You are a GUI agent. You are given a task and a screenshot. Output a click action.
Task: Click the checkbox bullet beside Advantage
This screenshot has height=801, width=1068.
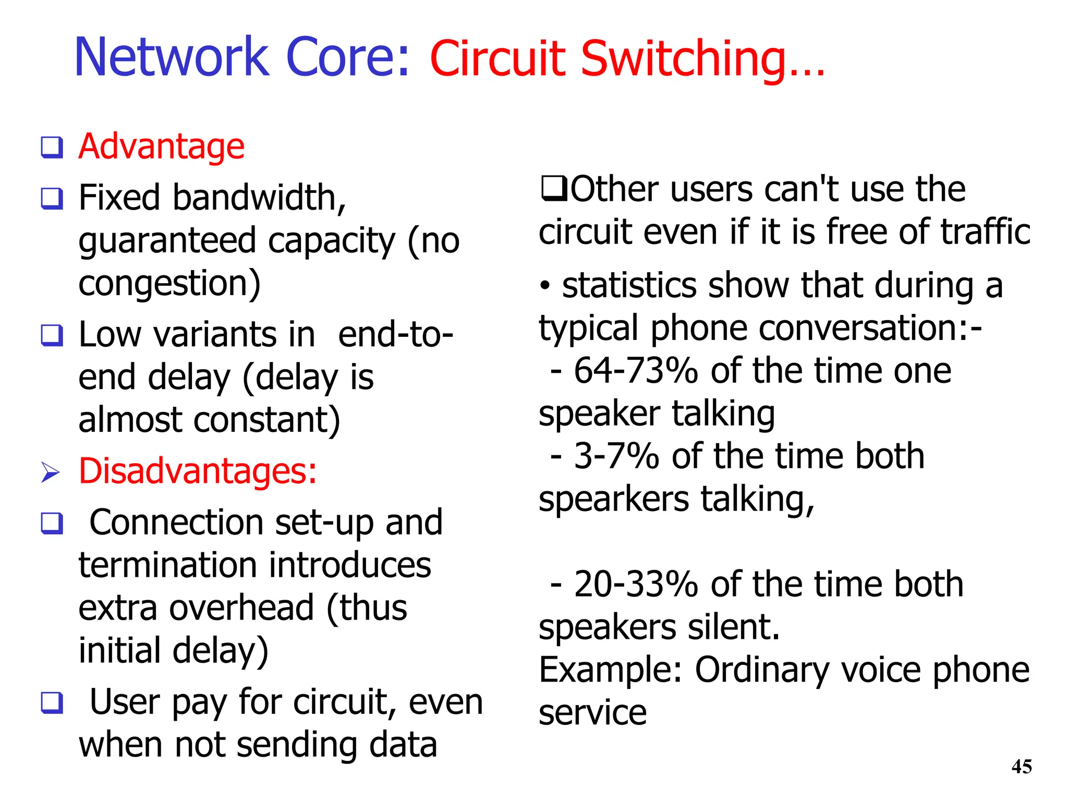[x=52, y=148]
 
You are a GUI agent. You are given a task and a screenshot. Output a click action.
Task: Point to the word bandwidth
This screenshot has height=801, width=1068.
[x=259, y=198]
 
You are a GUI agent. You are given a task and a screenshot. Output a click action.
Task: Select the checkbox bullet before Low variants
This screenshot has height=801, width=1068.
[x=52, y=335]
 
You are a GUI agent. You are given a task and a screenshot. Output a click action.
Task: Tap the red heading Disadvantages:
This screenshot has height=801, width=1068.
[x=198, y=471]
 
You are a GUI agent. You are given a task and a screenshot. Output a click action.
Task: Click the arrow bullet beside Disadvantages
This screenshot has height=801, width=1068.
[x=51, y=472]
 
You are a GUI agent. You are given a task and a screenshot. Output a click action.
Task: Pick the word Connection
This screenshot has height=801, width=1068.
[x=176, y=523]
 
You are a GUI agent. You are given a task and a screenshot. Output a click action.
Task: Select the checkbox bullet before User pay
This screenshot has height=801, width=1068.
[x=52, y=702]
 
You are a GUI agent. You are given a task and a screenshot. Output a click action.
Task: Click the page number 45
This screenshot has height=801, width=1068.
[x=1021, y=767]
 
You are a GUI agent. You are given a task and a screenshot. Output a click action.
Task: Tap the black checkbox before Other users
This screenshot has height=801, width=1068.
[x=554, y=189]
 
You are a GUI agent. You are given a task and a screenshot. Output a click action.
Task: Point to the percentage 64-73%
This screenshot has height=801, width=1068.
[x=636, y=371]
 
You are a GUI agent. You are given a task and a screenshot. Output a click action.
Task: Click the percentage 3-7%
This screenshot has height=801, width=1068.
[x=616, y=456]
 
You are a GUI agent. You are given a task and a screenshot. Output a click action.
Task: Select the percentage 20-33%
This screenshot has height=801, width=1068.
[x=636, y=584]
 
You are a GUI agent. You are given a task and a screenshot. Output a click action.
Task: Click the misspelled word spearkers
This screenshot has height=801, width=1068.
[x=614, y=499]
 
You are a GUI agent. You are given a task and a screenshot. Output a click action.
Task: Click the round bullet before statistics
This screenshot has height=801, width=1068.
[x=545, y=286]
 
